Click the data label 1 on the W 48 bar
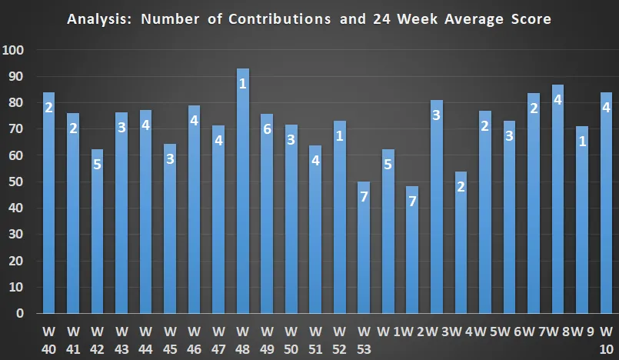click(x=242, y=83)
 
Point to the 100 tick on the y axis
click(x=15, y=51)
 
